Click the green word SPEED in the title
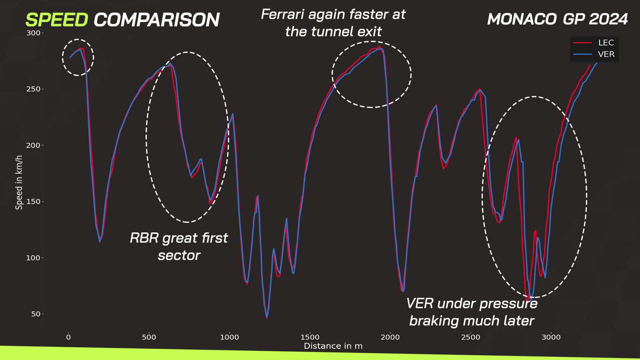coord(56,20)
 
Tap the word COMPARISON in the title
coord(156,20)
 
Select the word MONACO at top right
coord(522,19)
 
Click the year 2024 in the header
coord(608,19)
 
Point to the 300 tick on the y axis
coord(34,33)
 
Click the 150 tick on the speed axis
coord(34,202)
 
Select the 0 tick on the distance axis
coord(68,337)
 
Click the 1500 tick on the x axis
coord(310,337)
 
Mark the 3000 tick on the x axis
coord(551,337)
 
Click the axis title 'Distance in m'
coord(333,346)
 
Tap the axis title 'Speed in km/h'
coord(19,182)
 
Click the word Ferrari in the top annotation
coord(282,14)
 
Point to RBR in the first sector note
coord(144,238)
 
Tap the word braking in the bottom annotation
coord(432,321)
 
